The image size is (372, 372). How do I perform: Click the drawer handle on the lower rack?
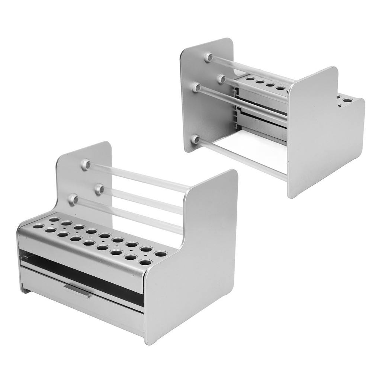point(77,291)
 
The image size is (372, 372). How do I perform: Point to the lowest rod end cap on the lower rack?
point(73,200)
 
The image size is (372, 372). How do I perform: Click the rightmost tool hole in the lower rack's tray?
point(161,254)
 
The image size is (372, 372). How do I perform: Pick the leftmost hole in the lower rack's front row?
point(38,226)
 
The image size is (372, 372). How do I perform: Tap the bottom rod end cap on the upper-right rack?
point(195,140)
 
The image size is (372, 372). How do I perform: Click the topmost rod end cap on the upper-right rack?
point(209,57)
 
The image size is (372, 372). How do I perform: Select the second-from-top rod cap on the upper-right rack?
point(221,79)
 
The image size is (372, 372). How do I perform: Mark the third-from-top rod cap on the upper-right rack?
point(196,88)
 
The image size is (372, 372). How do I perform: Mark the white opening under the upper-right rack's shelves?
point(253,149)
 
